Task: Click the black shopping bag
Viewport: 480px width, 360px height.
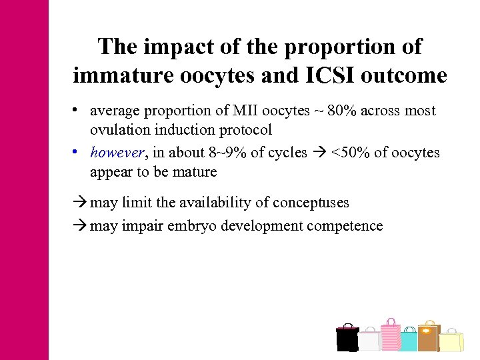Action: click(347, 339)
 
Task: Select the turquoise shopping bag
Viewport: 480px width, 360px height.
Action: click(409, 341)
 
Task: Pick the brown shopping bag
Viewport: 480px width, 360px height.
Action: click(428, 337)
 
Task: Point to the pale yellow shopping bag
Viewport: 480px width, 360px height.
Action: click(451, 341)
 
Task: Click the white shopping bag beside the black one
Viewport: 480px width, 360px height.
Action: click(369, 341)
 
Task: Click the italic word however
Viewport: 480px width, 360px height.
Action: click(117, 153)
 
